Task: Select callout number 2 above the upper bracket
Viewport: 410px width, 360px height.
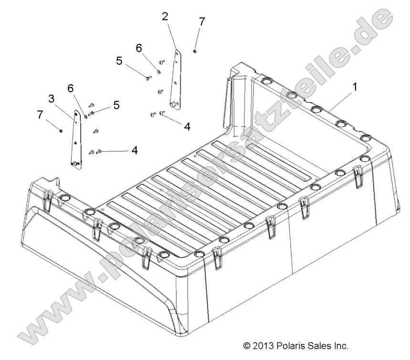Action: coord(165,17)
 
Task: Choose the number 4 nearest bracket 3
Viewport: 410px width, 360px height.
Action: coord(135,150)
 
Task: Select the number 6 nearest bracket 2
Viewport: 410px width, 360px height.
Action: coord(139,48)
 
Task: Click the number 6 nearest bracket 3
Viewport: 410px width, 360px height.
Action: coord(71,88)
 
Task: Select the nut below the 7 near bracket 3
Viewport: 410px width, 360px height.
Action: coord(61,130)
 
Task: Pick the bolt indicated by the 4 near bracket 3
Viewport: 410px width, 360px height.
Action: coord(99,151)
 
